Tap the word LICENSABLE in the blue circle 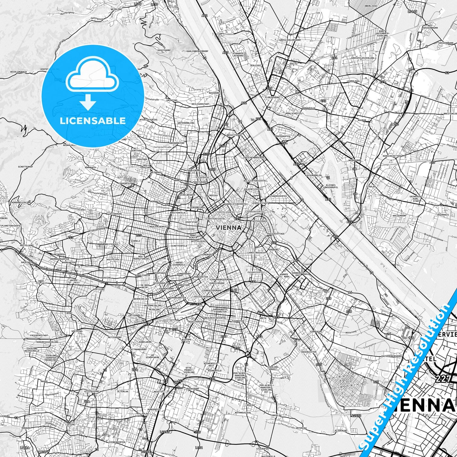93,121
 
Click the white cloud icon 93,77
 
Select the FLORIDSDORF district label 274,97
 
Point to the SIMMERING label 316,332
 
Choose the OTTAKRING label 115,214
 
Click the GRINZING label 172,100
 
